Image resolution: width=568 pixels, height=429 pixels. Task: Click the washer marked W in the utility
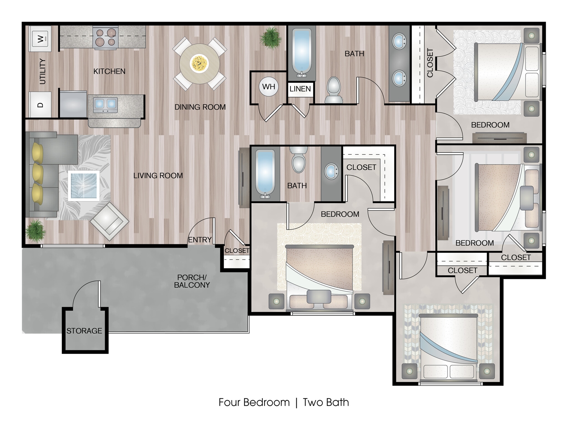click(x=40, y=38)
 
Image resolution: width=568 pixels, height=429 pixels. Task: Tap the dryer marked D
click(x=40, y=105)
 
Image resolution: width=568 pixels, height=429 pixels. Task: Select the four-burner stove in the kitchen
click(x=106, y=38)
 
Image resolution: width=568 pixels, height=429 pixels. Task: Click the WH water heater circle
click(x=268, y=87)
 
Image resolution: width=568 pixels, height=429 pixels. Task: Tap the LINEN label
click(x=300, y=89)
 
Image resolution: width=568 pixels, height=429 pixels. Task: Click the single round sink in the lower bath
click(x=331, y=171)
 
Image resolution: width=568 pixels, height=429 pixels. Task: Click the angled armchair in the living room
click(x=109, y=221)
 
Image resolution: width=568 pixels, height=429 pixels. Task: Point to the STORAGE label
click(x=84, y=331)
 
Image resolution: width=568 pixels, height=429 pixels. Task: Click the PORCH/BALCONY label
click(x=192, y=281)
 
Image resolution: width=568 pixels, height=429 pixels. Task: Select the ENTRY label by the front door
click(x=200, y=240)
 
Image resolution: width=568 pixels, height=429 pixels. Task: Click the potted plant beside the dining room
click(x=270, y=38)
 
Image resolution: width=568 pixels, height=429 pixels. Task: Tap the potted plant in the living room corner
click(x=35, y=230)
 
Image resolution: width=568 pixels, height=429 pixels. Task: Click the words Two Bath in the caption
click(x=326, y=402)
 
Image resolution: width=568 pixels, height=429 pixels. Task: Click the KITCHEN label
click(x=109, y=71)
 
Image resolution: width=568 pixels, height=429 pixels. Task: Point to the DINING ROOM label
click(x=200, y=107)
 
